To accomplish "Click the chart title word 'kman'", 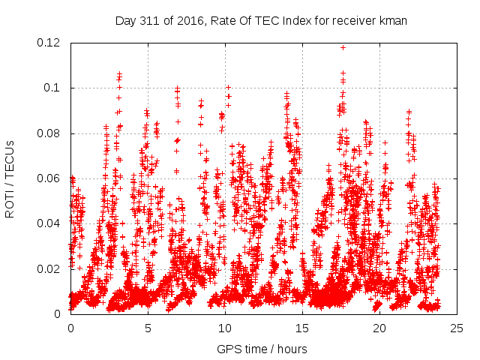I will (392, 20).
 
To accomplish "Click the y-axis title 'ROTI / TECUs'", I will (10, 178).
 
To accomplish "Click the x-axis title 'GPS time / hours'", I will (261, 349).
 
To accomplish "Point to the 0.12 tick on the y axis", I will (49, 43).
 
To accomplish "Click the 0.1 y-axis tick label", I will (53, 88).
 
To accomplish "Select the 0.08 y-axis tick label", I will (49, 133).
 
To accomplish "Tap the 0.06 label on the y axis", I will (49, 178).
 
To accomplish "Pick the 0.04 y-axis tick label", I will (49, 223).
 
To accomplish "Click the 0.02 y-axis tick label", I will (49, 268).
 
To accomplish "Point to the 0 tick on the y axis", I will (58, 313).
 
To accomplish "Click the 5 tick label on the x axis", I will (148, 328).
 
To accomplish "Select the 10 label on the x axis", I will (225, 328).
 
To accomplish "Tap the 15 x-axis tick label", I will (302, 328).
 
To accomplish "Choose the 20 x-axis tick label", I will (379, 328).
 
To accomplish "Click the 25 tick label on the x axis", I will (457, 328).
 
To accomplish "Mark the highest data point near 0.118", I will (343, 47).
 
